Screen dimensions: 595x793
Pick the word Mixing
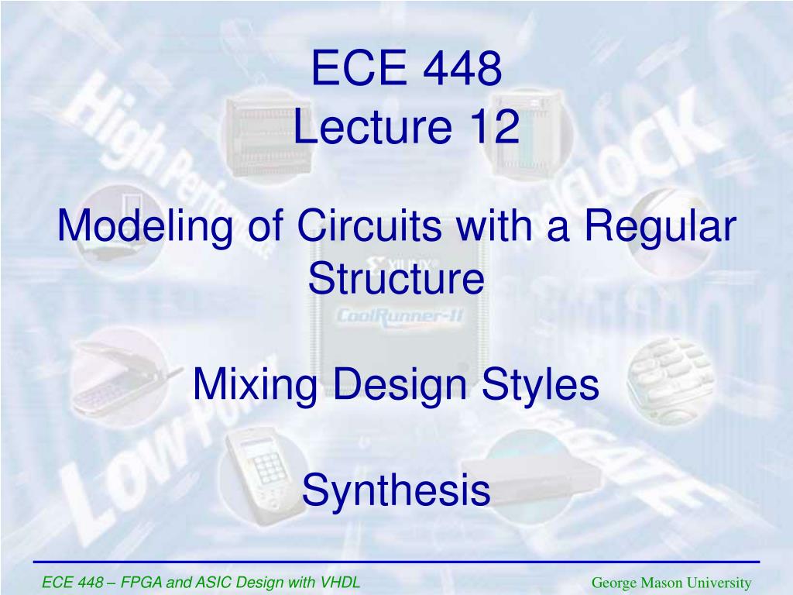coord(246,384)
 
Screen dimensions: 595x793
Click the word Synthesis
coord(396,490)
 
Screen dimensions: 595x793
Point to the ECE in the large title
coord(350,70)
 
